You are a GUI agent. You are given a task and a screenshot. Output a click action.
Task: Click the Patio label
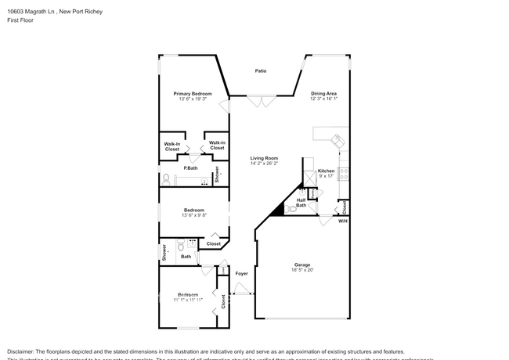(261, 71)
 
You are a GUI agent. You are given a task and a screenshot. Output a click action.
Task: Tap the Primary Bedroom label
(193, 93)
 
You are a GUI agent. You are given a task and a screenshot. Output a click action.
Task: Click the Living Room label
(264, 158)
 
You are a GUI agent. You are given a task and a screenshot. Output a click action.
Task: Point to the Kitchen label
(326, 171)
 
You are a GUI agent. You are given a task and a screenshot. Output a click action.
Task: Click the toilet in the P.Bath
(166, 178)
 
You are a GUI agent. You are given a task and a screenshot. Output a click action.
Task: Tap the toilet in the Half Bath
(292, 209)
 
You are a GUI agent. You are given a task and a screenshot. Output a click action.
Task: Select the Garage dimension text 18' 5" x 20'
(302, 270)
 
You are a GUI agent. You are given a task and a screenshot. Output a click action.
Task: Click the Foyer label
(241, 273)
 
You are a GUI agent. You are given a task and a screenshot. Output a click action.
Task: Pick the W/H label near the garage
(342, 221)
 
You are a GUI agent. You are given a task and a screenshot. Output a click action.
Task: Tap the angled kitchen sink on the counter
(338, 141)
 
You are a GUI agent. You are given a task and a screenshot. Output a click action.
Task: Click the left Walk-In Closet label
(171, 146)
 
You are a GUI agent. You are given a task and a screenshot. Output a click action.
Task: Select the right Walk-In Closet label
(217, 146)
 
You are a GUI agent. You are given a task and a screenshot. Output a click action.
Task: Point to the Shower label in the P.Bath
(217, 175)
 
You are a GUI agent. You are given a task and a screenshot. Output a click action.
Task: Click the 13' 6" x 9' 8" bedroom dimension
(194, 215)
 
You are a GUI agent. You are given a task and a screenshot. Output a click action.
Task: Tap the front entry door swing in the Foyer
(243, 290)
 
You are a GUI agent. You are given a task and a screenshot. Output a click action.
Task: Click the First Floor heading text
(21, 20)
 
